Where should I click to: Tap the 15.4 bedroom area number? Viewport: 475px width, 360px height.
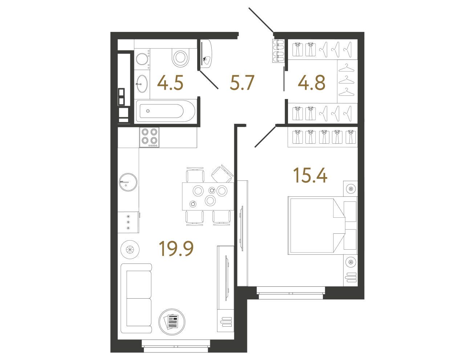pos(310,176)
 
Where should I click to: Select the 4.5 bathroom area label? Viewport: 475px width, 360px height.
pos(170,82)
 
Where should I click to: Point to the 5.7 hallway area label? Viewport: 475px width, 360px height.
pos(241,82)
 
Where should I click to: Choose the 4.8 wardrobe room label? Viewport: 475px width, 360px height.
pos(311,82)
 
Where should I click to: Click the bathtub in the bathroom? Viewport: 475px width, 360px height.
pos(166,111)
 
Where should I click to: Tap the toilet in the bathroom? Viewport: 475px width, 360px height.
pos(180,57)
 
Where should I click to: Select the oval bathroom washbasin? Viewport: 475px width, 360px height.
pos(142,83)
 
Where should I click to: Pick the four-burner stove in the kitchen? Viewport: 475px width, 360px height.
pos(149,137)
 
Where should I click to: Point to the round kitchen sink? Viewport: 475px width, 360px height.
pos(128,182)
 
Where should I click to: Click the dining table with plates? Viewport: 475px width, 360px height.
pos(208,196)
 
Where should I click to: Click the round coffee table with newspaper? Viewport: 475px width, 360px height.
pos(172,322)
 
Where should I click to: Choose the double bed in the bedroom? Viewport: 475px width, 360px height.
pos(322,225)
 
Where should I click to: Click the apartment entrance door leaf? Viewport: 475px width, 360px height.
pos(261,21)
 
